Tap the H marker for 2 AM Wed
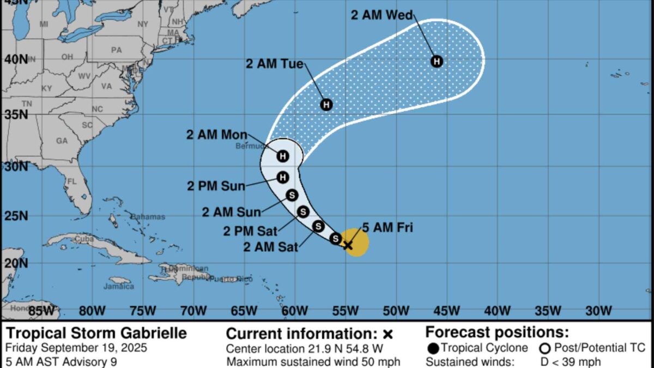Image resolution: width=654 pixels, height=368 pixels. [x=437, y=61]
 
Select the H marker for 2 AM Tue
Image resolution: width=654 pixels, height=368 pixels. [x=326, y=104]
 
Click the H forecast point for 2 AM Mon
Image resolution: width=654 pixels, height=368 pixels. [x=282, y=156]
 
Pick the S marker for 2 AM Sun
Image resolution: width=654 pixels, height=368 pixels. [x=292, y=195]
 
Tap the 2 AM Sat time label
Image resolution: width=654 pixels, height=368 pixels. [x=271, y=247]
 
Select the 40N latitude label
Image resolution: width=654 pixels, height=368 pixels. [x=16, y=58]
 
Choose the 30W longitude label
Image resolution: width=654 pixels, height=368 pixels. [x=598, y=311]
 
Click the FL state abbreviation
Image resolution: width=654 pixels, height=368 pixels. [x=71, y=181]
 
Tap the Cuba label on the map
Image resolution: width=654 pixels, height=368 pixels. [x=84, y=238]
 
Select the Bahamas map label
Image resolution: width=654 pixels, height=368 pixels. [x=147, y=216]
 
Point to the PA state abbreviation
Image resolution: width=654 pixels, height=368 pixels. [x=116, y=50]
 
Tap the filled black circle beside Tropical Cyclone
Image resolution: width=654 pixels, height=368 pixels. [x=433, y=348]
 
